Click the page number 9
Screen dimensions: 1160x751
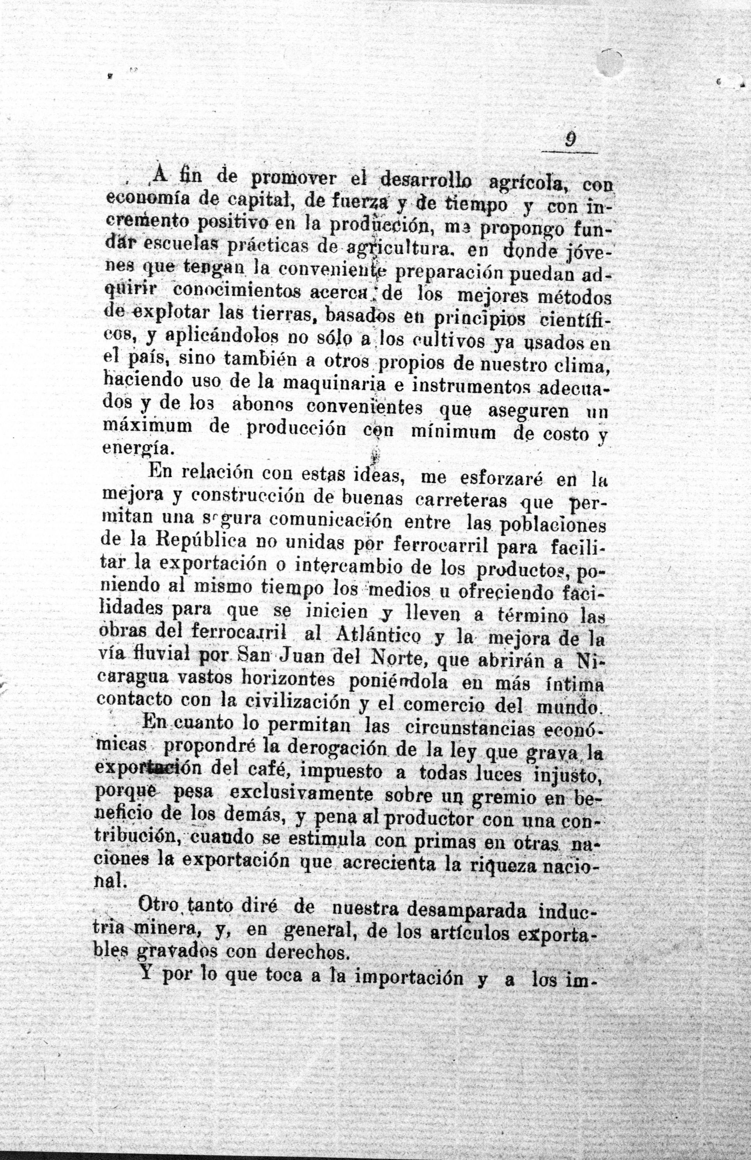click(x=568, y=140)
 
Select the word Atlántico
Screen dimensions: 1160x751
click(x=378, y=636)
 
